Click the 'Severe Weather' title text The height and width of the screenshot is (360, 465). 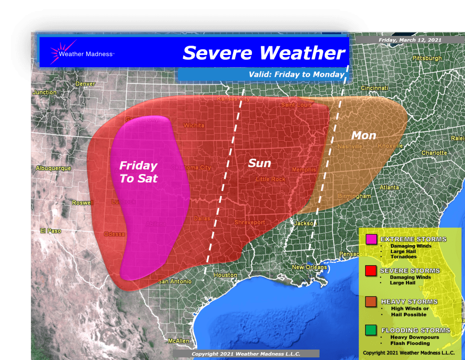264,53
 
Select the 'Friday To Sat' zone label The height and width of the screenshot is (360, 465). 138,172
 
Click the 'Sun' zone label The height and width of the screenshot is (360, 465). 259,163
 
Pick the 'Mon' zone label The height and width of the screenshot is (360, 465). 364,135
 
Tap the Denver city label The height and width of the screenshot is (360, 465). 85,84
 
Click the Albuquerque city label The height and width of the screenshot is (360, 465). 53,168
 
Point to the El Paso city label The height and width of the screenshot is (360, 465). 50,231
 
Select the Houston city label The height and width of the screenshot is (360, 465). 225,275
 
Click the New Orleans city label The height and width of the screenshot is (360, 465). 309,267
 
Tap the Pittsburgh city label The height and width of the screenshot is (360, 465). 427,59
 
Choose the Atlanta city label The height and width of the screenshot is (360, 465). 377,187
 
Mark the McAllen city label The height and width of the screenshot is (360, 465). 178,340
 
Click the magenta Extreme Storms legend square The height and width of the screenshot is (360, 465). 371,240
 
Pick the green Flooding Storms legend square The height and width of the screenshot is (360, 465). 371,330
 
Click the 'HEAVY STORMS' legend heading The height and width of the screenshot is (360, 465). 409,302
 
